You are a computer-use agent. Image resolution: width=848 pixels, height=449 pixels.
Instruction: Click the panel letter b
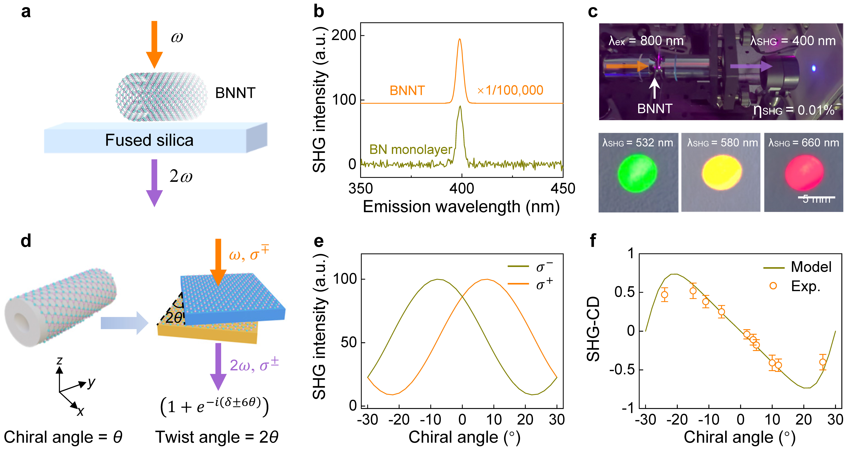pos(319,12)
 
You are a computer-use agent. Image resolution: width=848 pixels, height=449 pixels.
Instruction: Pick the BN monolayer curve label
pos(410,150)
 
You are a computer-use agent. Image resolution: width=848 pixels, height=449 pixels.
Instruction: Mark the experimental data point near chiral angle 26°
pos(823,362)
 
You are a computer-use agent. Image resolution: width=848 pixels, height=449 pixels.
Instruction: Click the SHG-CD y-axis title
pos(594,329)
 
